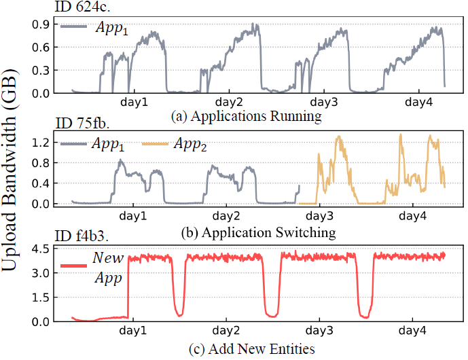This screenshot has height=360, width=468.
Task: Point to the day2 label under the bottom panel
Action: [228, 332]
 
